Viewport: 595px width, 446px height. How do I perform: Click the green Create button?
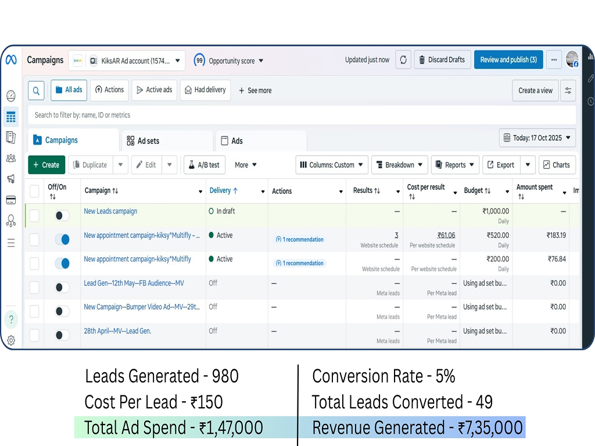[46, 165]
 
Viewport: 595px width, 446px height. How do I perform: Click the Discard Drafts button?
[442, 60]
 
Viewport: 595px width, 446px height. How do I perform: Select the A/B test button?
[204, 165]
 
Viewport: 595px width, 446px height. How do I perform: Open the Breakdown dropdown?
[400, 165]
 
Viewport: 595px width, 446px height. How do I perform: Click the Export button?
[501, 165]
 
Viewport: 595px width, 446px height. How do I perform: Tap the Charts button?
[557, 165]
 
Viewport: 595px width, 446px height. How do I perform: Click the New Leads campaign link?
[110, 211]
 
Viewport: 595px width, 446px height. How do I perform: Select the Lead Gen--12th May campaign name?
[134, 283]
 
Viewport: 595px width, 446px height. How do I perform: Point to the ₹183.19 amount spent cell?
[556, 235]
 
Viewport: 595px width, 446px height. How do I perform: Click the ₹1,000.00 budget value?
[496, 211]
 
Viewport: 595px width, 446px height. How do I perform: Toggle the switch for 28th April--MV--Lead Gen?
[62, 335]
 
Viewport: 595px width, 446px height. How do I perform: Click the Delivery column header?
[223, 190]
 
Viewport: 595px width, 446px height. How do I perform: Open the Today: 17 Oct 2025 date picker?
[537, 138]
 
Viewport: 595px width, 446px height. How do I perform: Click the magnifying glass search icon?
[36, 91]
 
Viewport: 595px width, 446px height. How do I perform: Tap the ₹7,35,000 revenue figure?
[490, 428]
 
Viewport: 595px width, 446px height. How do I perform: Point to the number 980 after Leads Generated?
[225, 376]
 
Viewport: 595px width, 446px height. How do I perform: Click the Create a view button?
[535, 91]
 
